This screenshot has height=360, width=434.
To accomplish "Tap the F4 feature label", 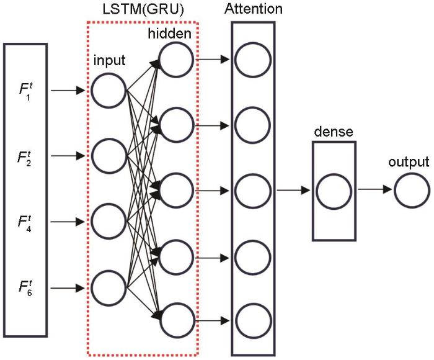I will coord(25,222).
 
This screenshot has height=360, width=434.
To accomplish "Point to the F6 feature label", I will coord(25,288).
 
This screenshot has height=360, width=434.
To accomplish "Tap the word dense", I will coord(334,132).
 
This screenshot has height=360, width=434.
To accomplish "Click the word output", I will coord(409,163).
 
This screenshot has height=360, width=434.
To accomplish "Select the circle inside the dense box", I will coord(334,191).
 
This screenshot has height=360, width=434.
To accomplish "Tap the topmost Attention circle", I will coord(254,60).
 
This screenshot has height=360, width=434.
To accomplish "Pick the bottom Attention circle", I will coord(254,320).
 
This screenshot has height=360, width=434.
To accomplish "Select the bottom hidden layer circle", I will coord(175,320).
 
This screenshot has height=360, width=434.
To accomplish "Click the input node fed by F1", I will coord(108,91).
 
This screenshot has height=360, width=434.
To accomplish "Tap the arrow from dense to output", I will coord(376,191).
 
